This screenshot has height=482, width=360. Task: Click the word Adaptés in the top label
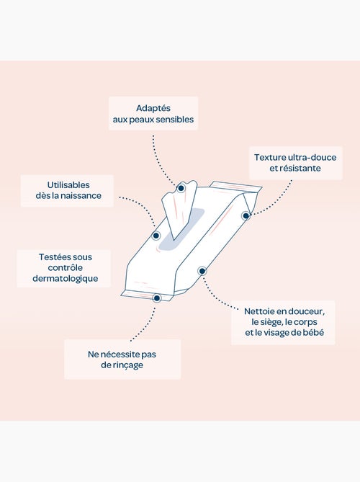point(153,109)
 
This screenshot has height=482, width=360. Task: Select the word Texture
point(269,157)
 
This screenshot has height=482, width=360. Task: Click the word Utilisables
point(68,185)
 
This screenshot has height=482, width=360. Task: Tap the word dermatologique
point(65,279)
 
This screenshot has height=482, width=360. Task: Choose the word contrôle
point(65,268)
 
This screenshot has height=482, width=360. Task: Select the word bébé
point(313,332)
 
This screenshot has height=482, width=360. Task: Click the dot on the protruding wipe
point(181,188)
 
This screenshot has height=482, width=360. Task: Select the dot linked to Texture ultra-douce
point(246,216)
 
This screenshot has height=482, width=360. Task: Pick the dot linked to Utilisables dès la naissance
point(156,236)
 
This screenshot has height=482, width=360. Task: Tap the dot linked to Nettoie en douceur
point(202,271)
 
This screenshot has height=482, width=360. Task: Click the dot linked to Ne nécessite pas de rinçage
point(157,298)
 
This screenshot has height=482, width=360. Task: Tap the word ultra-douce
point(312,157)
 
